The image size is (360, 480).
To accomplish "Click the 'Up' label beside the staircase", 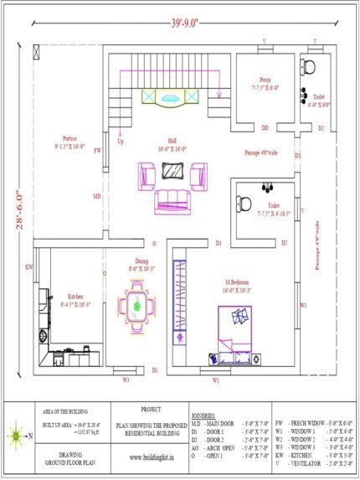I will click(120, 142).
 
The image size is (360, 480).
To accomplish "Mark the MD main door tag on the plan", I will click(97, 197).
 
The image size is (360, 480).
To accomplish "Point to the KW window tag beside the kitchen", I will click(29, 267).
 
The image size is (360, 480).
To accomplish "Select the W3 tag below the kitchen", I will click(126, 380).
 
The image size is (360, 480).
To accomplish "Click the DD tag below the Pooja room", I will click(265, 128).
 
